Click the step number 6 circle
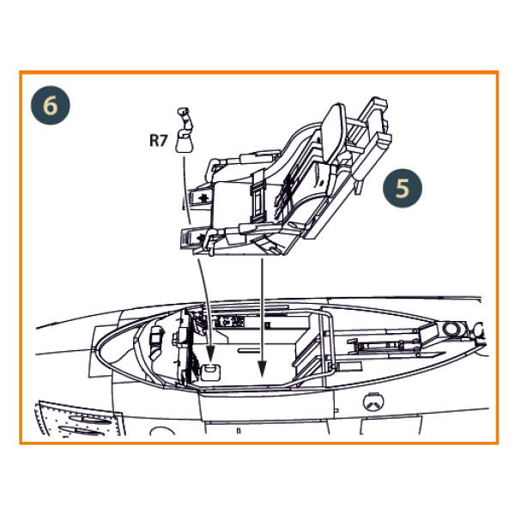pos(51,106)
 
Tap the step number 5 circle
pos(403,188)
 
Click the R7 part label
pos(159,141)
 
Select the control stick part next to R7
pos(185,130)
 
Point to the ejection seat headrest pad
pos(332,133)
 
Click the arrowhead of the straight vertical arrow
pos(262,368)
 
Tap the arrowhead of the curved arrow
pos(210,354)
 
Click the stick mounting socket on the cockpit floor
pos(210,373)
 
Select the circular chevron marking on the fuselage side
pos(373,402)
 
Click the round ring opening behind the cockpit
pos(451,329)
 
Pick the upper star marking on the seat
pos(203,197)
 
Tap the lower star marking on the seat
pos(201,237)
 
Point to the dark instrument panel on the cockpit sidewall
pos(229,322)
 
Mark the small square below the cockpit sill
pos(336,410)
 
